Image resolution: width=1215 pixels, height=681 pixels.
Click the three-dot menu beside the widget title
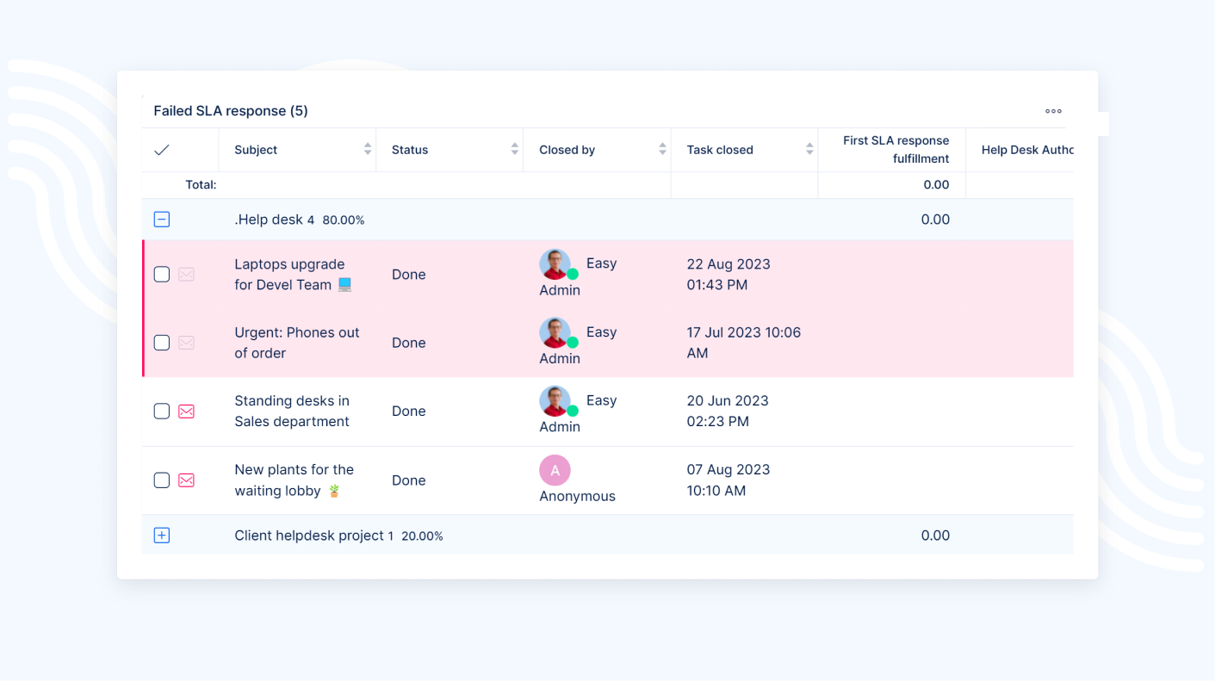[x=1053, y=111]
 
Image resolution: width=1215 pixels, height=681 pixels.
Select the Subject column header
[x=256, y=150]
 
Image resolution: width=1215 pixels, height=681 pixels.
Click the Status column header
[x=410, y=150]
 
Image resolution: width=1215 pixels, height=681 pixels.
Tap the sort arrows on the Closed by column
[x=662, y=150]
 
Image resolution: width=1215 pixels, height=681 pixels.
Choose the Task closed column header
[x=720, y=150]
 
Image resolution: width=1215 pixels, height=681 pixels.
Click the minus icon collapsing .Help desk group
[x=162, y=220]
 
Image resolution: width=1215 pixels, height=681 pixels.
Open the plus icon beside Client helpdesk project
[x=162, y=536]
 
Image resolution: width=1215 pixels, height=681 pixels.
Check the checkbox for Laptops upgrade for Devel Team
[x=162, y=275]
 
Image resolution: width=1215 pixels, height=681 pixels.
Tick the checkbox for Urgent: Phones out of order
[x=162, y=343]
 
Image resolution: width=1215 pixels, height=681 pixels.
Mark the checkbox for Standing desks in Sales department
[x=162, y=412]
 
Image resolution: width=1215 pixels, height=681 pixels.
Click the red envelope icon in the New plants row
[x=186, y=480]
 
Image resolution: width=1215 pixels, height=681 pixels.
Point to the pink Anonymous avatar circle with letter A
[x=555, y=470]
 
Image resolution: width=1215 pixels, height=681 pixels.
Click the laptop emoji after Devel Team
[x=344, y=285]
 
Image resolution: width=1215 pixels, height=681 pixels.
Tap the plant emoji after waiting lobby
[x=334, y=491]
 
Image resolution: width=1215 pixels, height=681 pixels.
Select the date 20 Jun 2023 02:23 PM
[x=728, y=412]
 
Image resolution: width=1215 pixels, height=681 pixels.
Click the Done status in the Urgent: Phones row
[x=409, y=343]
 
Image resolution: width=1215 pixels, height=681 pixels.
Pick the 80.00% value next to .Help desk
[x=344, y=220]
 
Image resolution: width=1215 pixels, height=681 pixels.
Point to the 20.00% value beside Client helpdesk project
[x=422, y=536]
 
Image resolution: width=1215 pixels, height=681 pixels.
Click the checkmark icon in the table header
[x=162, y=150]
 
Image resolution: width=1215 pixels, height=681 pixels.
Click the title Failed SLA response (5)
[x=231, y=111]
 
